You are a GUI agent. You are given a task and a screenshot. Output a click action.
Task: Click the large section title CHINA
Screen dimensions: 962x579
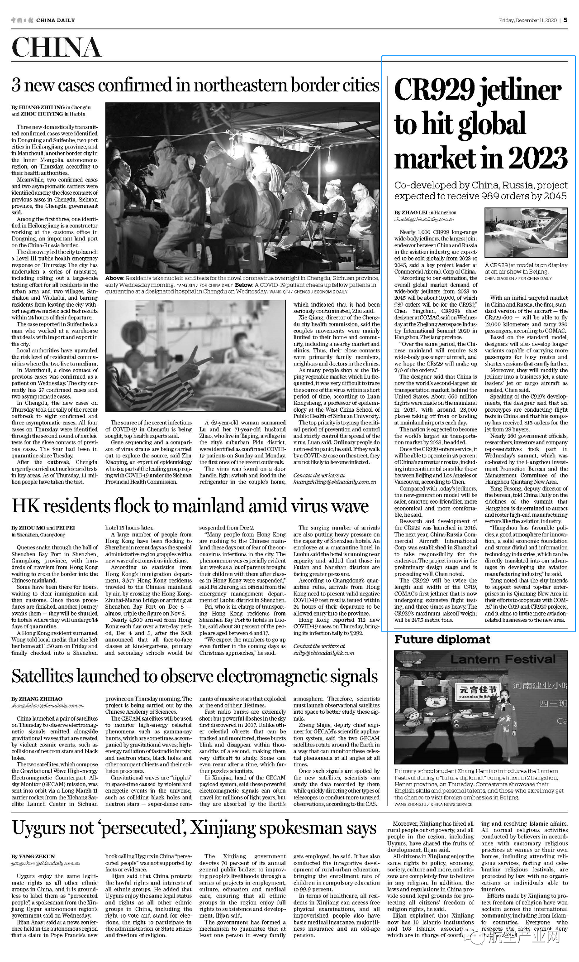[57, 48]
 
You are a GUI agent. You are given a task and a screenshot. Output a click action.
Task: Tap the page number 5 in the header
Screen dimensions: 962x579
[565, 20]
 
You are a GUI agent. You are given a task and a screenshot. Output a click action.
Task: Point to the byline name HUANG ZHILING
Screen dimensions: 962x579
[35, 108]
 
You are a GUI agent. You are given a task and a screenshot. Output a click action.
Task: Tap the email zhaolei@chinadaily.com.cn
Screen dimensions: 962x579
[424, 219]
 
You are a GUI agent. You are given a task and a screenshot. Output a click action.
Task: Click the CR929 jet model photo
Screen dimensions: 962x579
[526, 234]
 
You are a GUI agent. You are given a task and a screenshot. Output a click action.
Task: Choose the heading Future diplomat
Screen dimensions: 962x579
[442, 640]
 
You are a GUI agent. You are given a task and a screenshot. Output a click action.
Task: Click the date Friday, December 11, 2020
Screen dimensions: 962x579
[527, 20]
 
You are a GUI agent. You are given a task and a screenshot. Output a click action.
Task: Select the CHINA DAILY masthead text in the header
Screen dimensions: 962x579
[55, 20]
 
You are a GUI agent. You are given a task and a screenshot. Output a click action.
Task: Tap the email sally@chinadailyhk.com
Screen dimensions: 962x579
[323, 653]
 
